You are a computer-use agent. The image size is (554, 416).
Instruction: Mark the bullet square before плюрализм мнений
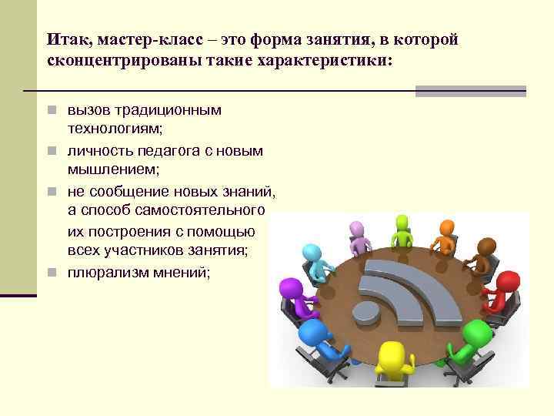pos(51,272)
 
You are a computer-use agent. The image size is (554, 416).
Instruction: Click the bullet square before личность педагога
pos(51,151)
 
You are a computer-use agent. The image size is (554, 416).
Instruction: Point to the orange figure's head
pos(446,227)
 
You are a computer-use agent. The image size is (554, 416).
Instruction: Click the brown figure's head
pos(486,246)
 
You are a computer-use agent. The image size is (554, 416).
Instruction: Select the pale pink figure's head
pos(356,229)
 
